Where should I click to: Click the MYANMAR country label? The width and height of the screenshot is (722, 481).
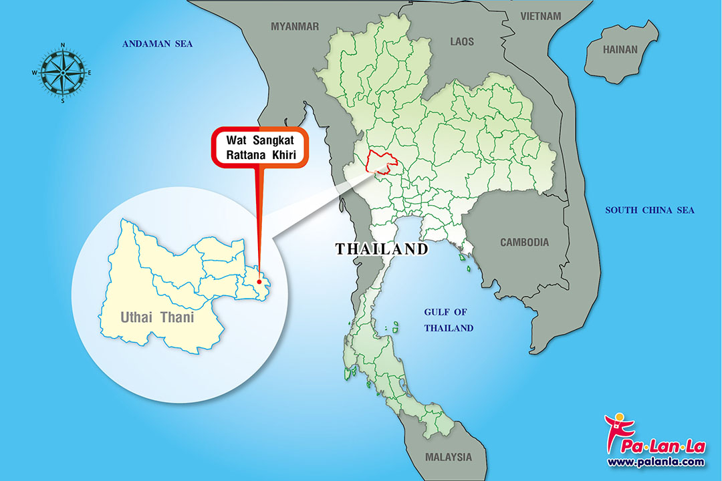(x=295, y=26)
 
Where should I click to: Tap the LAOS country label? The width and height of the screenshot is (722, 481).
(x=461, y=41)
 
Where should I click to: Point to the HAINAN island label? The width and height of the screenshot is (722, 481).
(x=620, y=49)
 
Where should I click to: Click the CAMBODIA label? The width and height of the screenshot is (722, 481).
(x=524, y=243)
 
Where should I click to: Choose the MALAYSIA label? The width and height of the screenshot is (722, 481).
(x=448, y=458)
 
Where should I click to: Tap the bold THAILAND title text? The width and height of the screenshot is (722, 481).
(x=382, y=249)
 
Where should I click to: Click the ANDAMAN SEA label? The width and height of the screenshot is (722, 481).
(x=157, y=44)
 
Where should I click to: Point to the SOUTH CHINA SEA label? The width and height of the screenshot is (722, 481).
(x=649, y=210)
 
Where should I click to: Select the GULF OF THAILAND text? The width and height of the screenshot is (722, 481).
(x=449, y=320)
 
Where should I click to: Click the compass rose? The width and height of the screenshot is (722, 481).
(x=62, y=72)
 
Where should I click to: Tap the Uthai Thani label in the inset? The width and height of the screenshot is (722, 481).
(x=157, y=317)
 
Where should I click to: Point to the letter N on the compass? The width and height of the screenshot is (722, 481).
(x=63, y=45)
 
